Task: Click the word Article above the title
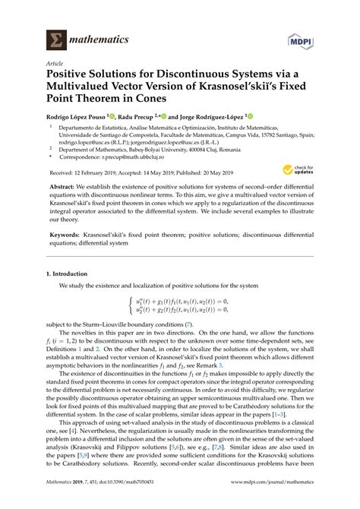coord(55,65)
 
